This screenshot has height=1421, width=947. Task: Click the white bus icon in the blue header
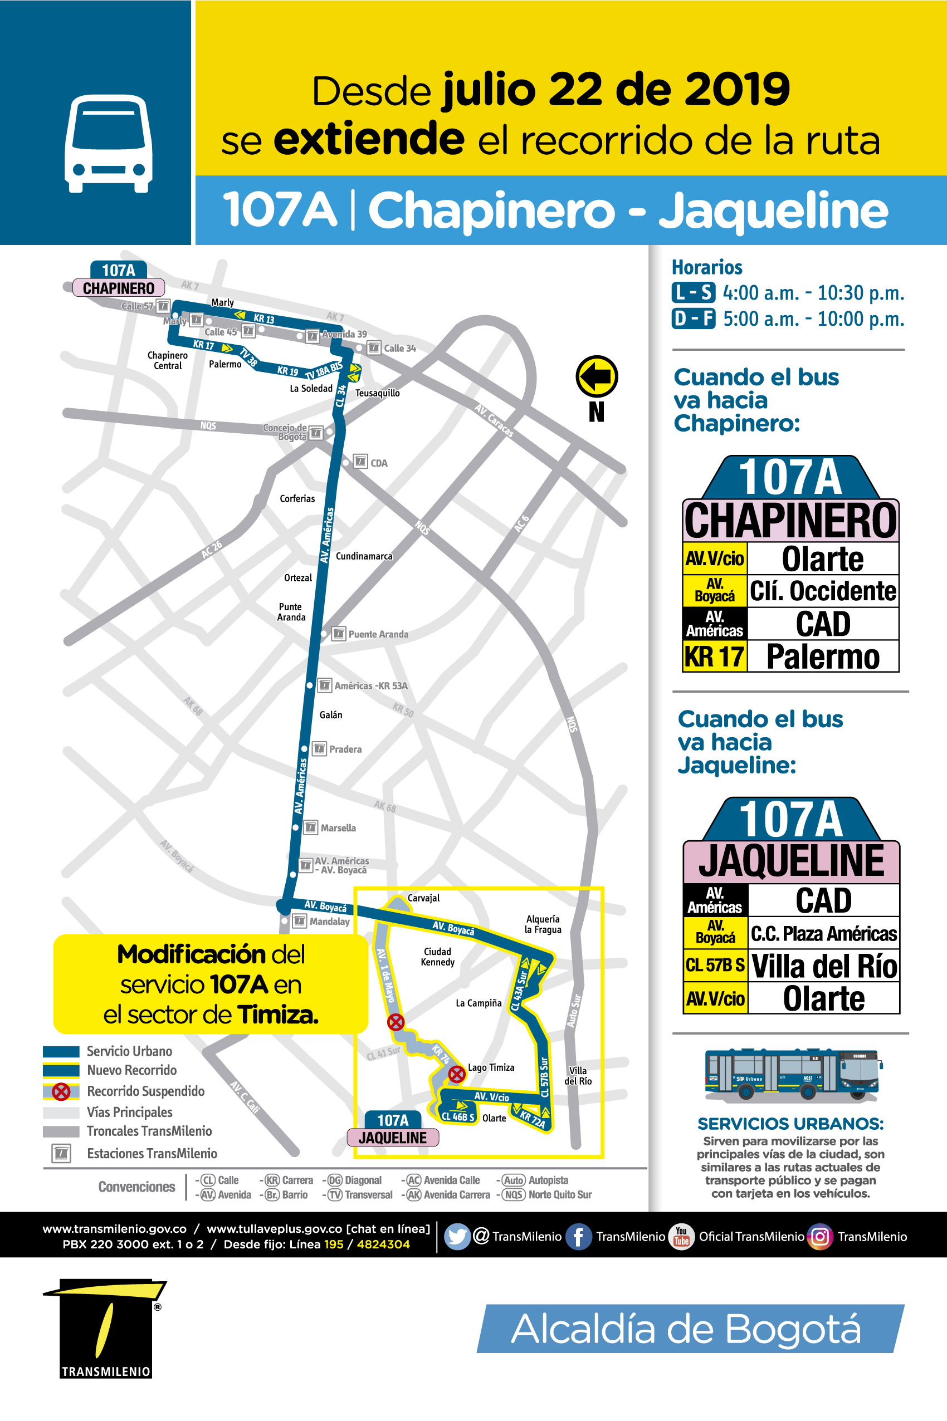(109, 144)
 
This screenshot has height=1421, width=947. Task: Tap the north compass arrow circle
(597, 376)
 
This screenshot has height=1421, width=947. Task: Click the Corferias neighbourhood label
(297, 498)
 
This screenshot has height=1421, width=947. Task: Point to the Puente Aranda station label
(378, 634)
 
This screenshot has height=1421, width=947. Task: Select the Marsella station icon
(310, 827)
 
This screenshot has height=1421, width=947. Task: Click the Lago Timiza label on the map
(491, 1067)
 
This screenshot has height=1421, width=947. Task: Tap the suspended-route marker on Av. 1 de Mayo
(396, 1022)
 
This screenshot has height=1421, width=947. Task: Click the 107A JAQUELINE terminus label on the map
(393, 1129)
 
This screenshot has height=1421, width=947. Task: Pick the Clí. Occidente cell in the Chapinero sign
(823, 591)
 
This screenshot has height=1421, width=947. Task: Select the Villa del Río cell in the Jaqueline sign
(824, 966)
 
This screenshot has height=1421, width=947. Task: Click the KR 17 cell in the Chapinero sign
(715, 656)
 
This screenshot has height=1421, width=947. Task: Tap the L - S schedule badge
(694, 293)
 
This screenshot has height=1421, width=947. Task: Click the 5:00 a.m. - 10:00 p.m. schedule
(813, 318)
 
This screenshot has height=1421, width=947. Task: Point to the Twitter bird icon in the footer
(457, 1237)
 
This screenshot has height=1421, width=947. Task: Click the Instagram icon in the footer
(819, 1237)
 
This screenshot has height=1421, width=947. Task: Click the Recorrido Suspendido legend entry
(145, 1091)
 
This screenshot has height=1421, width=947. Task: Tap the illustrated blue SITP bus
(791, 1075)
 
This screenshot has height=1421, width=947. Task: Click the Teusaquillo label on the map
(378, 393)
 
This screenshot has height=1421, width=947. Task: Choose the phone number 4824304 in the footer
(383, 1244)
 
